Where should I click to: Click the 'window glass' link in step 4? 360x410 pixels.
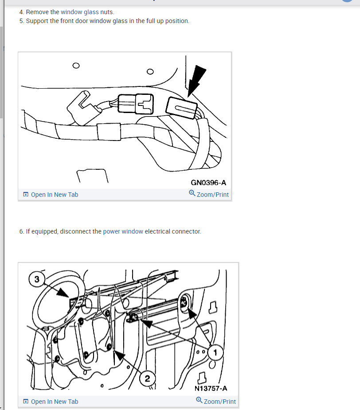(x=79, y=12)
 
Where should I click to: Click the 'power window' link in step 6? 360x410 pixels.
(x=123, y=231)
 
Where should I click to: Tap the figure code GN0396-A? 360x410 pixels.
(x=208, y=183)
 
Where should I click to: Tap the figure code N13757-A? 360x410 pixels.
(x=211, y=388)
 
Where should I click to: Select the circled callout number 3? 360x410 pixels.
(x=37, y=279)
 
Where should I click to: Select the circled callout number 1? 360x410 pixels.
(x=215, y=353)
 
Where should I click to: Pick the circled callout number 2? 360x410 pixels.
(x=147, y=379)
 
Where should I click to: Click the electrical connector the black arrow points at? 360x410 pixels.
(x=181, y=108)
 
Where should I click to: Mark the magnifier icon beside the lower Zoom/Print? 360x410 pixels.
(x=199, y=400)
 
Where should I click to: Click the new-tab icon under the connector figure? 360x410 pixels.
(x=26, y=194)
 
